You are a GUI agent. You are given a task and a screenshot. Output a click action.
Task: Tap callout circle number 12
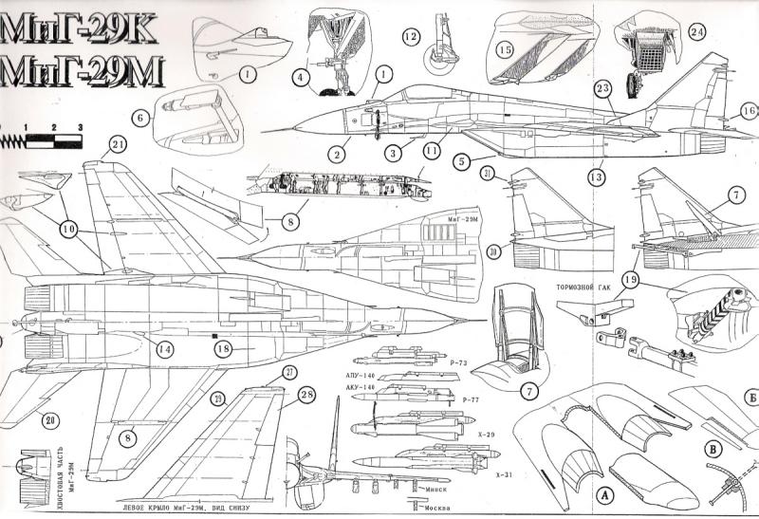410,37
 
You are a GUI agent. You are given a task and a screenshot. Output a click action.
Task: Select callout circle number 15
504,49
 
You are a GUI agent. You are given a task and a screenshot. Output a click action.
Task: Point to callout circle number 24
697,31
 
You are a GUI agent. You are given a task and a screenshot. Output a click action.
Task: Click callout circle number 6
141,118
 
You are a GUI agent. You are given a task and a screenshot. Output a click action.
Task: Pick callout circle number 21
118,144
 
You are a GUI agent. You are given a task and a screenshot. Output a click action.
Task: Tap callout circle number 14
165,349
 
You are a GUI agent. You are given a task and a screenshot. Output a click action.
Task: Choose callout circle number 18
223,348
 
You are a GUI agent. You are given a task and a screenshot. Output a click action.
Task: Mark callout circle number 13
597,176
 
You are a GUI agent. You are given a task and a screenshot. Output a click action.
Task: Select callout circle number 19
631,280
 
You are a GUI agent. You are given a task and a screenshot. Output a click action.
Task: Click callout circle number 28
305,394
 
